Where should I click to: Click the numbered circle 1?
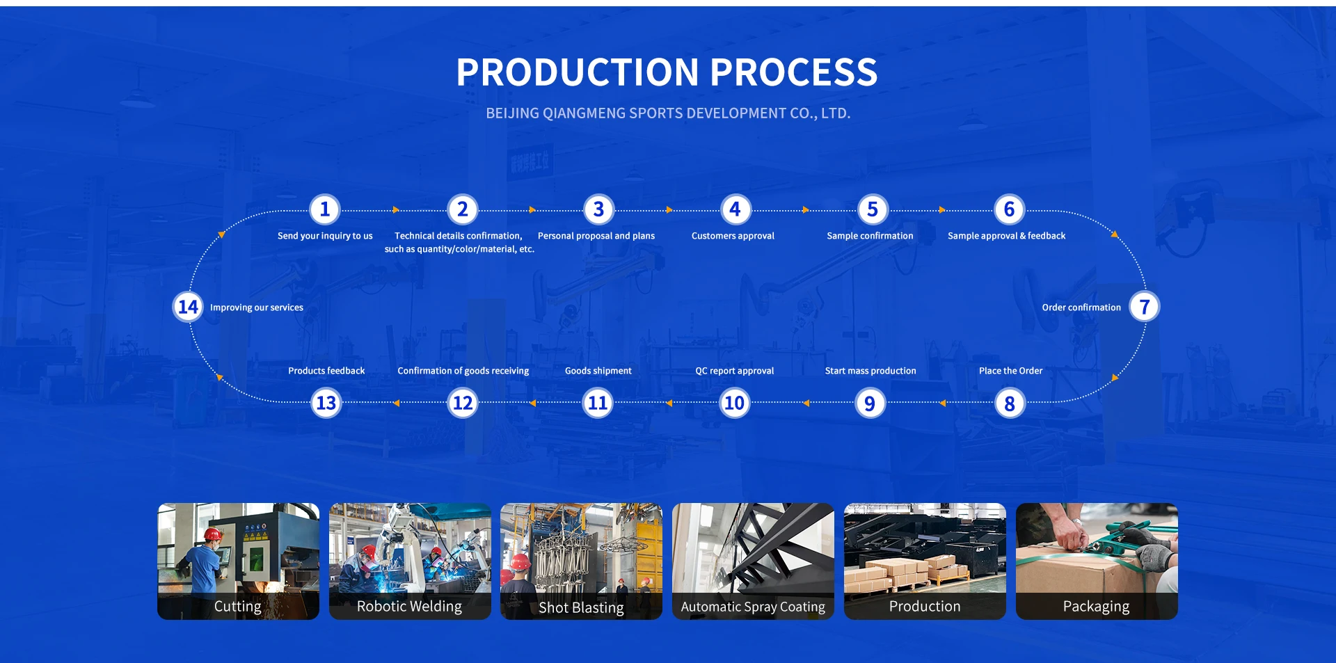(324, 209)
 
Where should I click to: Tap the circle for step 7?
(1144, 307)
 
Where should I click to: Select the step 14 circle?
(188, 307)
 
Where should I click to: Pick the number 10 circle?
(734, 403)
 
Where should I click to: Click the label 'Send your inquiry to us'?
(325, 236)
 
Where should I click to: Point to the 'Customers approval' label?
(733, 236)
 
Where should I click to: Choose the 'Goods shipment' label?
(598, 371)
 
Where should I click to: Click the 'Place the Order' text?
(1010, 371)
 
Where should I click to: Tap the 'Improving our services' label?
(257, 307)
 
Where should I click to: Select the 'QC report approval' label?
(734, 371)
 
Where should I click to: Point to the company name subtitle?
(668, 113)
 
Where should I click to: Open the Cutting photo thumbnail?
(238, 550)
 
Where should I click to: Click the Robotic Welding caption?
(409, 607)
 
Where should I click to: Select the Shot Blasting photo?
(581, 550)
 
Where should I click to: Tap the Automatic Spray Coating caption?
(753, 607)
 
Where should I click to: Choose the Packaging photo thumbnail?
(1097, 550)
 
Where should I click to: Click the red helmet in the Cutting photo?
(213, 534)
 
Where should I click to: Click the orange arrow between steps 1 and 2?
(395, 209)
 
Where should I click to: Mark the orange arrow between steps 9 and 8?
(942, 403)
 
